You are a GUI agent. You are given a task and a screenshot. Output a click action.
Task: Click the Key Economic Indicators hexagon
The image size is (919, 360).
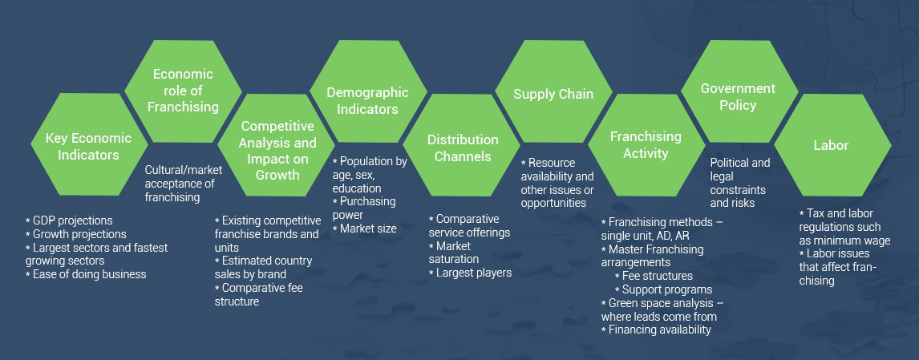[88, 144]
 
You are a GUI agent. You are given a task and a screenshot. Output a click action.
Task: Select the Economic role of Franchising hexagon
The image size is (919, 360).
[183, 91]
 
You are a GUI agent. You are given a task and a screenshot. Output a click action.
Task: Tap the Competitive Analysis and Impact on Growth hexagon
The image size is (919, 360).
[277, 145]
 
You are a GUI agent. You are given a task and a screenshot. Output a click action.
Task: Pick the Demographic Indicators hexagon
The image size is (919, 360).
[368, 91]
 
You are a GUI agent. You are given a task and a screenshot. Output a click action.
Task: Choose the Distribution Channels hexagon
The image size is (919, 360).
[462, 145]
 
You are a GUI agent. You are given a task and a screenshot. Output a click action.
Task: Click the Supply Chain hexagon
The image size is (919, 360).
[553, 91]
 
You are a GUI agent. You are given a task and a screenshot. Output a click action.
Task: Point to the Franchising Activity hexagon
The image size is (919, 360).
[646, 145]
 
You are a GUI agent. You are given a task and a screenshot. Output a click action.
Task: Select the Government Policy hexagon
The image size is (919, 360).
[739, 91]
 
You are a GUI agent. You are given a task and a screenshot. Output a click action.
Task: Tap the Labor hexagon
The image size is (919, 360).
[832, 145]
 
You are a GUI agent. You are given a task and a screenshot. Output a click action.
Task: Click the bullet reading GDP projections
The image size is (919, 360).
[69, 220]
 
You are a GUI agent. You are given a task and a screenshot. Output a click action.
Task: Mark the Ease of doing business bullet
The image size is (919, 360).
[86, 274]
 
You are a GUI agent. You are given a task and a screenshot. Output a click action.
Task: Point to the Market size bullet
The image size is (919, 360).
[365, 228]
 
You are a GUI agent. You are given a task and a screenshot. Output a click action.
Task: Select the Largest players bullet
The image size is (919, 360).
[471, 272]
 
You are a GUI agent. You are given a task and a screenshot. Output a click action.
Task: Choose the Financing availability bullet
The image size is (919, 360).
[657, 330]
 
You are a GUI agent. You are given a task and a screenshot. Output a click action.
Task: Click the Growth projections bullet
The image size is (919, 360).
[76, 234]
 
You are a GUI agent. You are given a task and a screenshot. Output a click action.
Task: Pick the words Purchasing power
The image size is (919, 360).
[364, 208]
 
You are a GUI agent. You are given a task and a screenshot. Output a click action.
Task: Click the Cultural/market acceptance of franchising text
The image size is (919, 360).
[184, 184]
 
